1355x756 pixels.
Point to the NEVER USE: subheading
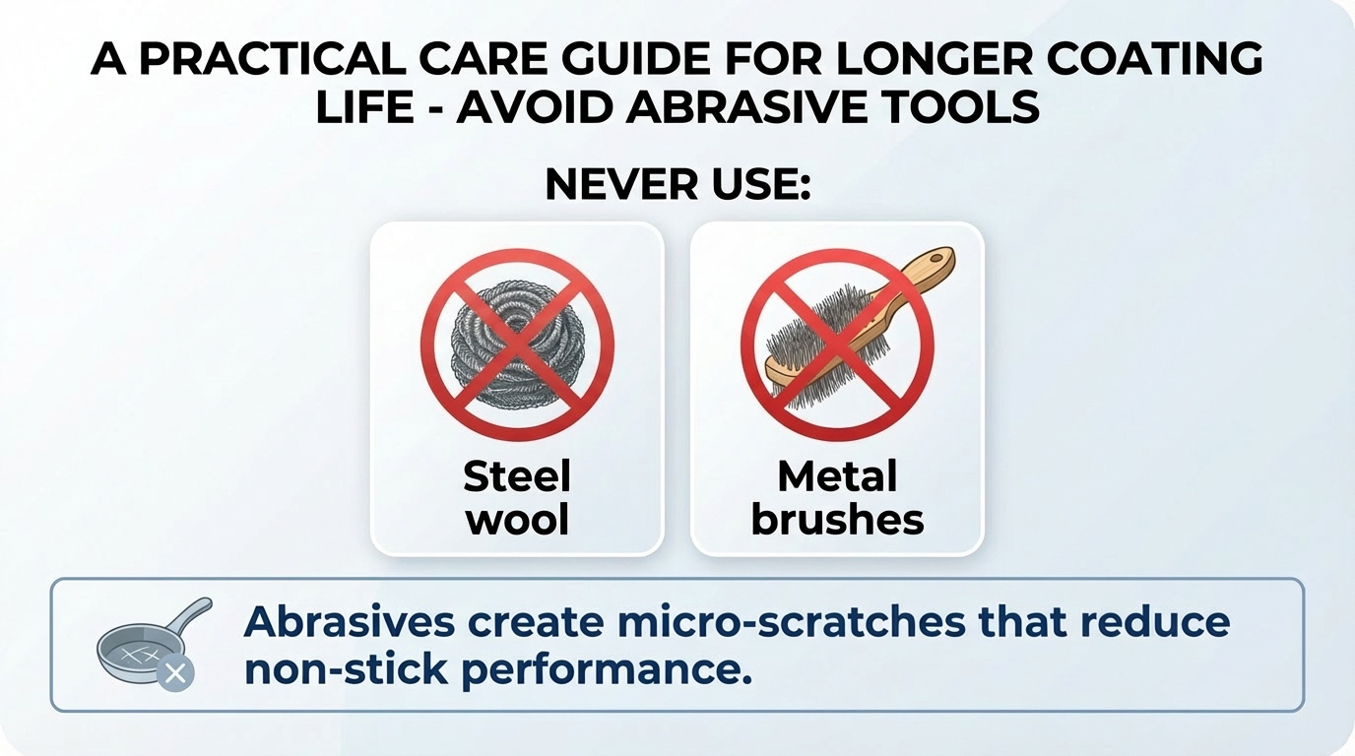pos(677,184)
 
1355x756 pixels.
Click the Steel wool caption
pos(517,498)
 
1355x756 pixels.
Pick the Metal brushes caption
pos(837,498)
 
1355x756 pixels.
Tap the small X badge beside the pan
pos(176,674)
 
